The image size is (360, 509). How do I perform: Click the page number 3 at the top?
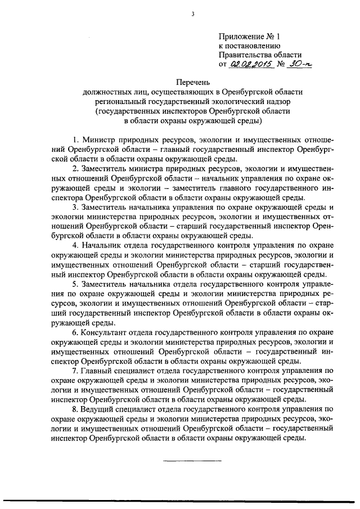coord(192,15)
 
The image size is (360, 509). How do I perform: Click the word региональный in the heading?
coord(121,102)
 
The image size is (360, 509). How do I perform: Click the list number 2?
coord(76,168)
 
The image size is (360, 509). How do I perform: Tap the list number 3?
coord(76,207)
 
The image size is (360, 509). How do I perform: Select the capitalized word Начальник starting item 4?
coord(101,246)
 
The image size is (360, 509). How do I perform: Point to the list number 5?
coord(76,285)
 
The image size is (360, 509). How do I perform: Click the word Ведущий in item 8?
coord(99,409)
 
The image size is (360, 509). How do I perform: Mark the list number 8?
coord(76,409)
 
